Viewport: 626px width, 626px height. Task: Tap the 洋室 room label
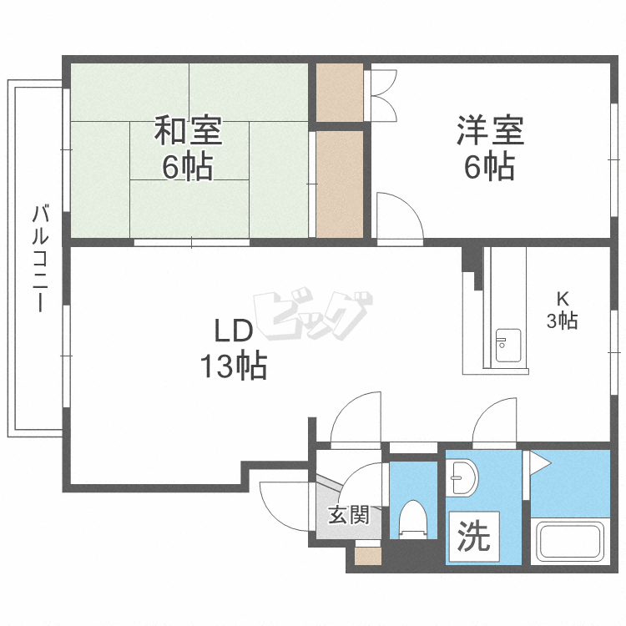coord(490,131)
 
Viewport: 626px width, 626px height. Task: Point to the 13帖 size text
coord(233,366)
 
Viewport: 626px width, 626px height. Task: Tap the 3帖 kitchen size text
coord(562,320)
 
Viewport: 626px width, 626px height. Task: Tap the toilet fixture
coord(413,519)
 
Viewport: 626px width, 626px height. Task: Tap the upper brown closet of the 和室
coord(340,92)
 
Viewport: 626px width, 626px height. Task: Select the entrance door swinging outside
coord(280,501)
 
